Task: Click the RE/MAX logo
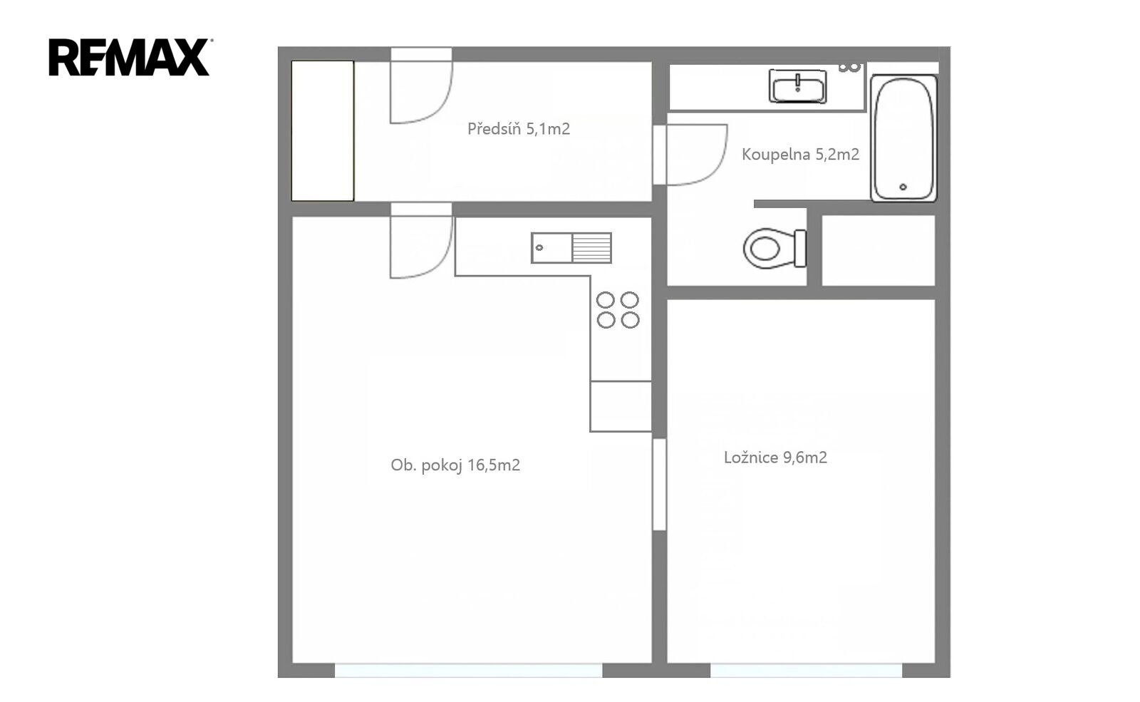(129, 57)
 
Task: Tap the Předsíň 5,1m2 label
(519, 129)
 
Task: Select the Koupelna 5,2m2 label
(801, 154)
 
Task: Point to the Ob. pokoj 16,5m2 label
(455, 465)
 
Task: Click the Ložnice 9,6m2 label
(776, 457)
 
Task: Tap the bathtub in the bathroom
(903, 138)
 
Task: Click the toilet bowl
(774, 249)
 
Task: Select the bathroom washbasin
(797, 86)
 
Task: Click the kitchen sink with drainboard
(571, 248)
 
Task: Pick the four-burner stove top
(618, 310)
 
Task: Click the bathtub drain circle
(903, 187)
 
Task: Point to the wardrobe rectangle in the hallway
(323, 131)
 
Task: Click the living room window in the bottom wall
(468, 670)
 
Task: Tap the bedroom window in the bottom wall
(806, 670)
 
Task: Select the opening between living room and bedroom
(659, 484)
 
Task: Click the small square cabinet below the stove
(621, 406)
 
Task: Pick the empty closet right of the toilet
(879, 250)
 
